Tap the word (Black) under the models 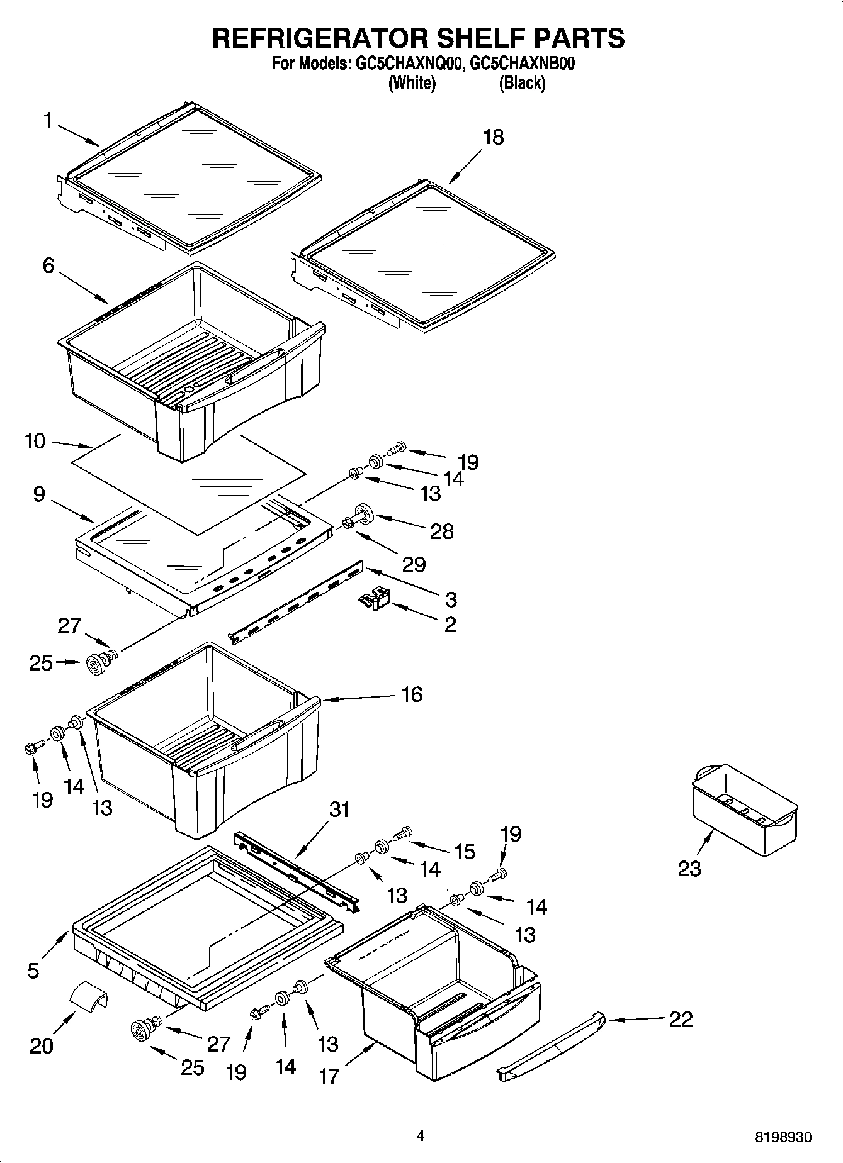pyautogui.click(x=522, y=83)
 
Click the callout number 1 pyautogui.click(x=48, y=120)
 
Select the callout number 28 pyautogui.click(x=442, y=531)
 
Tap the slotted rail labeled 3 pyautogui.click(x=296, y=603)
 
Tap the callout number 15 pyautogui.click(x=465, y=852)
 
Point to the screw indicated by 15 pyautogui.click(x=401, y=833)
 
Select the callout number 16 pyautogui.click(x=412, y=694)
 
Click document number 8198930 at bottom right pyautogui.click(x=783, y=1137)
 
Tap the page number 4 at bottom pyautogui.click(x=421, y=1135)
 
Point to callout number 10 pyautogui.click(x=35, y=441)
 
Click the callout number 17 pyautogui.click(x=329, y=1076)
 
